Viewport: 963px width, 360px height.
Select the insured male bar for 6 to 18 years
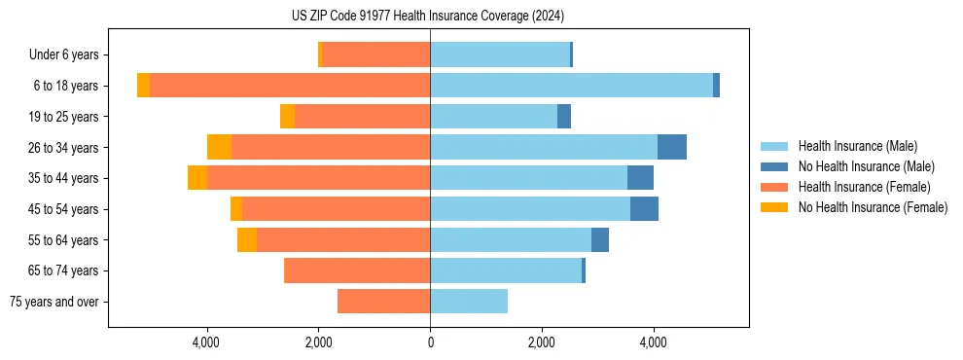[x=571, y=86]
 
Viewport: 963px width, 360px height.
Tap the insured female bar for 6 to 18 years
[x=290, y=86]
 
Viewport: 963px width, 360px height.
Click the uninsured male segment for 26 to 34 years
[x=671, y=147]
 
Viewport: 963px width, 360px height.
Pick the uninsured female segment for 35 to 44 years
[x=197, y=178]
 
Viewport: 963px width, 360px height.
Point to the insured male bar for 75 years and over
[x=469, y=302]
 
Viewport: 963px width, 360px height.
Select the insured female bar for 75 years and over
[x=383, y=302]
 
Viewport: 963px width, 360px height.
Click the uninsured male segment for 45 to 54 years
[x=644, y=209]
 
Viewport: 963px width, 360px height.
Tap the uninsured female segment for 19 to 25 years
[x=287, y=117]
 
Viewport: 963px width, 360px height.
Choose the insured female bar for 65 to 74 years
[x=357, y=270]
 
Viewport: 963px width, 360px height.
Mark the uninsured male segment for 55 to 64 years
[x=600, y=239]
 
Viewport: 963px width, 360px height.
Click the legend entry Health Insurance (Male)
[x=857, y=146]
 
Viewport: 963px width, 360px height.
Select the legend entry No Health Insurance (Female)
[x=873, y=207]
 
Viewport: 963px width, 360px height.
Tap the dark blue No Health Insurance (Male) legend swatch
[x=774, y=166]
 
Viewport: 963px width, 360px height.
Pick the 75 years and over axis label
[x=53, y=302]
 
